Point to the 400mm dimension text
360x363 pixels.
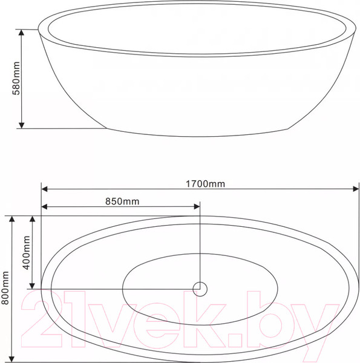pos(27,253)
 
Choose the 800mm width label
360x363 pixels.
pos(5,289)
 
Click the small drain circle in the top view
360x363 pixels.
pos(200,289)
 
